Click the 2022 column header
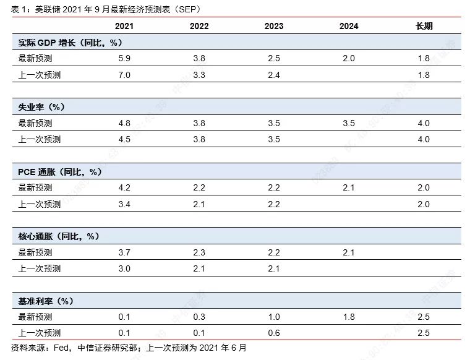199,26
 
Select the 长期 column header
424,26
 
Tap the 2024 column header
349,26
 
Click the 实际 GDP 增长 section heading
70,43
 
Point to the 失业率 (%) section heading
41,107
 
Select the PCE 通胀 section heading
60,172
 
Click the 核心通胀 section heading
59,236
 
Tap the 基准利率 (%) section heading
46,301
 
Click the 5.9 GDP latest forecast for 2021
124,58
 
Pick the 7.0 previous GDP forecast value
124,75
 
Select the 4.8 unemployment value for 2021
124,123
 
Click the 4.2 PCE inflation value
124,187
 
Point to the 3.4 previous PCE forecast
124,204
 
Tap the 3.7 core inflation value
124,252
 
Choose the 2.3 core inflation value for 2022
199,252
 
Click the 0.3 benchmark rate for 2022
199,317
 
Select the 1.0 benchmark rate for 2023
274,317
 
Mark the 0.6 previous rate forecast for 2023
274,333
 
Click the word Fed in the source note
61,348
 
